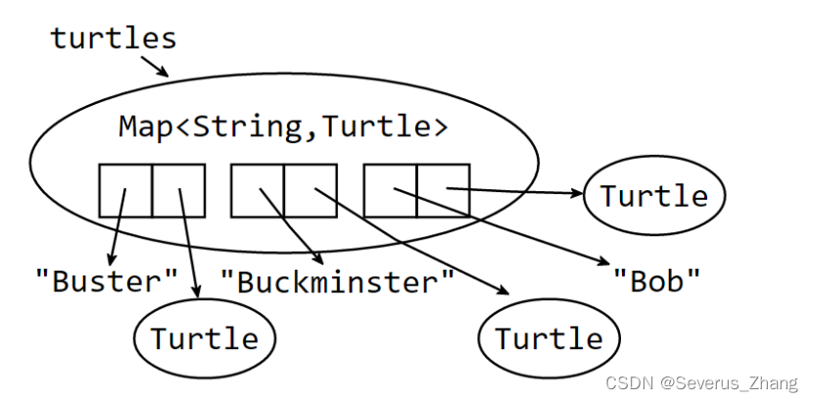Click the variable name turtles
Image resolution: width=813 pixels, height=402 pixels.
(x=114, y=38)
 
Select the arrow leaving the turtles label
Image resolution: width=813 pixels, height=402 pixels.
(x=154, y=65)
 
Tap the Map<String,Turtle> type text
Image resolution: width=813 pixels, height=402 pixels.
(x=283, y=126)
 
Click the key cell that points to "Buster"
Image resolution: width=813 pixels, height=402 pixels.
(x=125, y=190)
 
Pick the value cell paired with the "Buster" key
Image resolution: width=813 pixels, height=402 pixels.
(x=178, y=190)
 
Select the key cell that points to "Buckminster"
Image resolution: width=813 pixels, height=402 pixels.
(x=258, y=190)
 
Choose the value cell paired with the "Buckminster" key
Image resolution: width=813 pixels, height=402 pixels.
(x=311, y=190)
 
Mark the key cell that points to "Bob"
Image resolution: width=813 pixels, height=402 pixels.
(x=390, y=190)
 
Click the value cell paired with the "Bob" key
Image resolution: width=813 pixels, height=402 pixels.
(x=443, y=190)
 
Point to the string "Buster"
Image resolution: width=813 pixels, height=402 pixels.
(x=107, y=281)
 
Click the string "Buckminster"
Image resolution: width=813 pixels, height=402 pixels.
(x=337, y=281)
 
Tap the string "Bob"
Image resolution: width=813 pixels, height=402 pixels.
(x=656, y=281)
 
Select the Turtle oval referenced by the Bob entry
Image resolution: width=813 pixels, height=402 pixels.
(x=653, y=195)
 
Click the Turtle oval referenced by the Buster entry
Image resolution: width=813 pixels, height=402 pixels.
(x=205, y=338)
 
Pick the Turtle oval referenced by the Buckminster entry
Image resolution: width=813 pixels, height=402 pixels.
(x=549, y=338)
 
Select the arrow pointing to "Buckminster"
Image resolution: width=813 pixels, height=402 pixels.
(x=292, y=226)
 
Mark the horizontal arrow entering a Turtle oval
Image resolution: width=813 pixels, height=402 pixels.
(x=514, y=191)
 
